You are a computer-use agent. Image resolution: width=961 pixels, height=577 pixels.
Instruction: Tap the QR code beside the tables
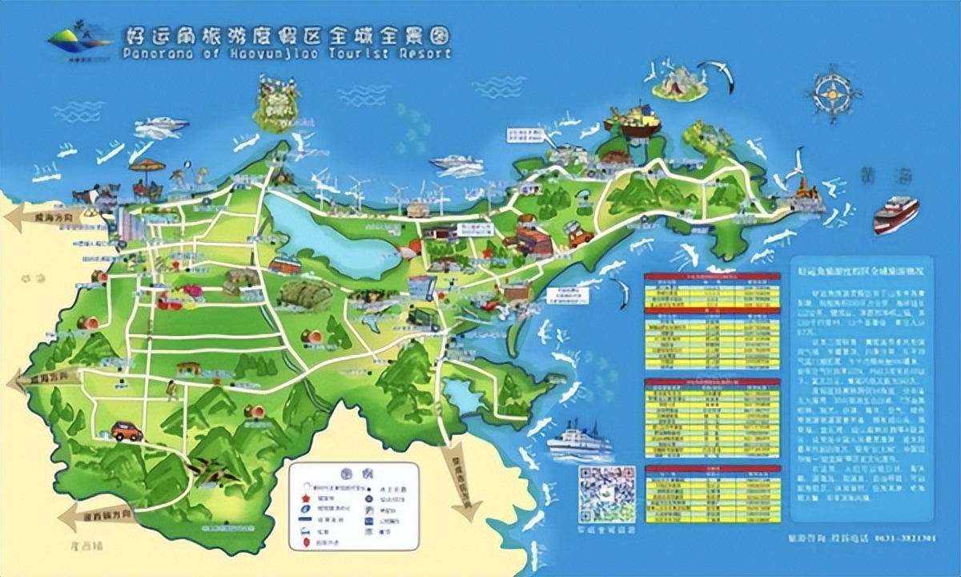click(x=606, y=494)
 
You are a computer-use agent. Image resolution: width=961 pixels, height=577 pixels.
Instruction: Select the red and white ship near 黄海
click(x=895, y=214)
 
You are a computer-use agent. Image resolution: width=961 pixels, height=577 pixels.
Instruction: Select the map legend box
click(x=353, y=506)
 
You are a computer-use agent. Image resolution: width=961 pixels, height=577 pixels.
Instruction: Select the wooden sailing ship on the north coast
click(x=632, y=120)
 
